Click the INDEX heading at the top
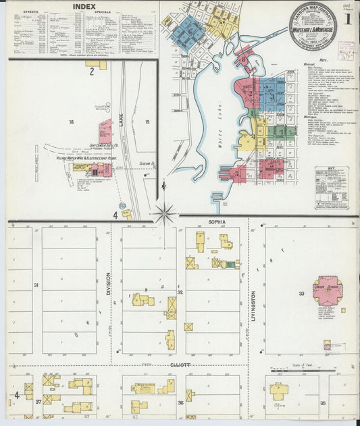click(84, 6)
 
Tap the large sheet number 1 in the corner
click(347, 19)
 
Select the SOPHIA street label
click(216, 221)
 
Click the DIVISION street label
click(108, 284)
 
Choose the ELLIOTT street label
click(181, 365)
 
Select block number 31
click(36, 285)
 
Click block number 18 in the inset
click(71, 122)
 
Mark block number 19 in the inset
click(147, 122)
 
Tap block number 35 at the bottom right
click(323, 403)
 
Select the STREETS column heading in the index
click(30, 11)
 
